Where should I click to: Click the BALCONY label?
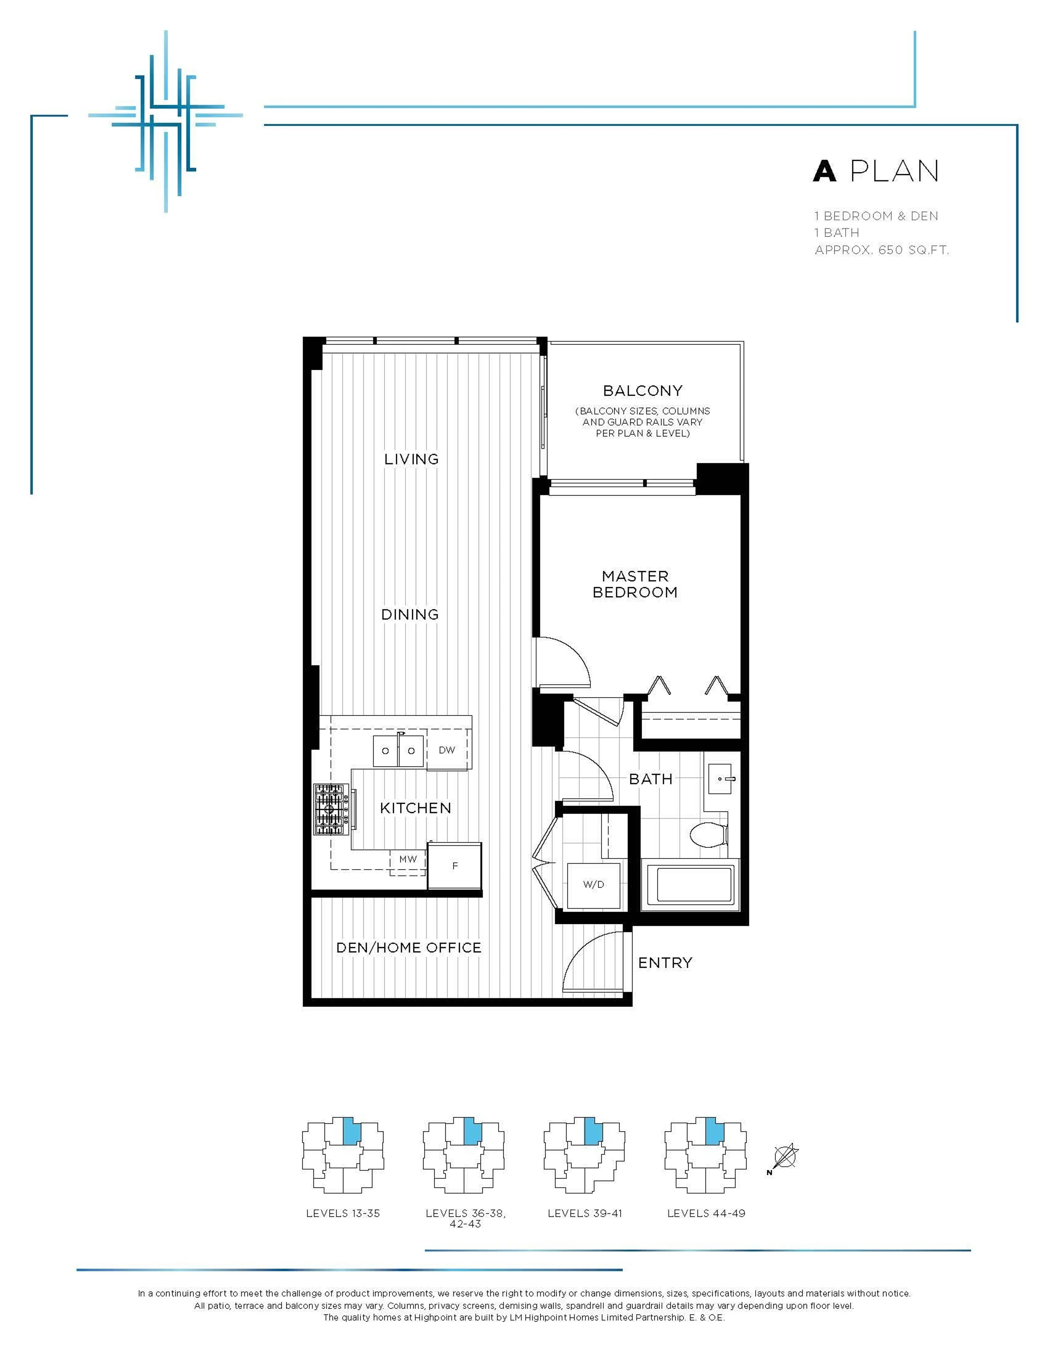click(643, 391)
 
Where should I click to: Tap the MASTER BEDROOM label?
click(635, 584)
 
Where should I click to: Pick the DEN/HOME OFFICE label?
click(409, 947)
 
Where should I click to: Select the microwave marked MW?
click(408, 859)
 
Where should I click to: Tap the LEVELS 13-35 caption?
click(343, 1213)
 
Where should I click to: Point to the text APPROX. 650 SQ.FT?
click(882, 250)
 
